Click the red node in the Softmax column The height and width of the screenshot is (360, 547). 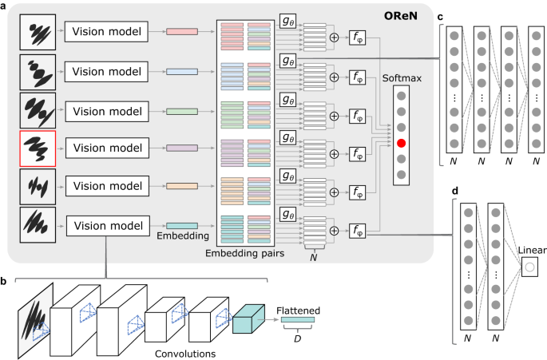pos(402,144)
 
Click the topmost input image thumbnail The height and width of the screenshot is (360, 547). pos(37,31)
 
